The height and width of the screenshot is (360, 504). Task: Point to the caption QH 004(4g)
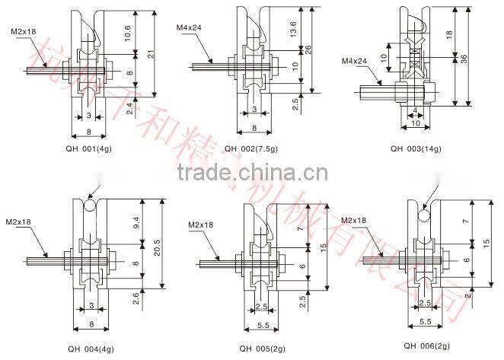click(x=91, y=349)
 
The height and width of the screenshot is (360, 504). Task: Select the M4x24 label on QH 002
click(x=188, y=28)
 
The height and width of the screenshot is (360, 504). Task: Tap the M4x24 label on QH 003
click(x=354, y=60)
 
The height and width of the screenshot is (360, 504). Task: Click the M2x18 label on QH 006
click(x=353, y=220)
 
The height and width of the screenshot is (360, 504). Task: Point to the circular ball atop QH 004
click(x=89, y=205)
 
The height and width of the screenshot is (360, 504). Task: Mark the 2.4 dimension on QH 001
click(x=130, y=109)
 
